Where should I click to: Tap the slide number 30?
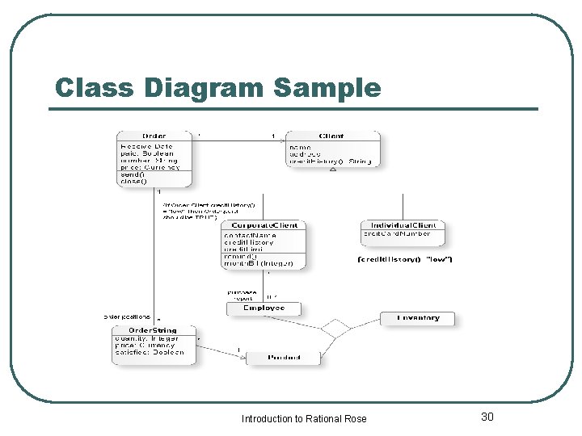pyautogui.click(x=487, y=417)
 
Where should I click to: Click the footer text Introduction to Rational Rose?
pyautogui.click(x=304, y=418)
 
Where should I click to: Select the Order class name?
pyautogui.click(x=154, y=136)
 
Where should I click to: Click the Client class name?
pyautogui.click(x=331, y=136)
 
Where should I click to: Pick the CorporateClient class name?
pyautogui.click(x=264, y=225)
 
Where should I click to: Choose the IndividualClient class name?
pyautogui.click(x=403, y=224)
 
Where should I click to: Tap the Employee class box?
pyautogui.click(x=264, y=308)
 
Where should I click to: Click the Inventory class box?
pyautogui.click(x=418, y=318)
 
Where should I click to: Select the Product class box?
pyautogui.click(x=283, y=357)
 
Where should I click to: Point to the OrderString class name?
pyautogui.click(x=153, y=330)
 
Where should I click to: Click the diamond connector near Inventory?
pyautogui.click(x=335, y=329)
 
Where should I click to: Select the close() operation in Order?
pyautogui.click(x=133, y=182)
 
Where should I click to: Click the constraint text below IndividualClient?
pyautogui.click(x=404, y=259)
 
